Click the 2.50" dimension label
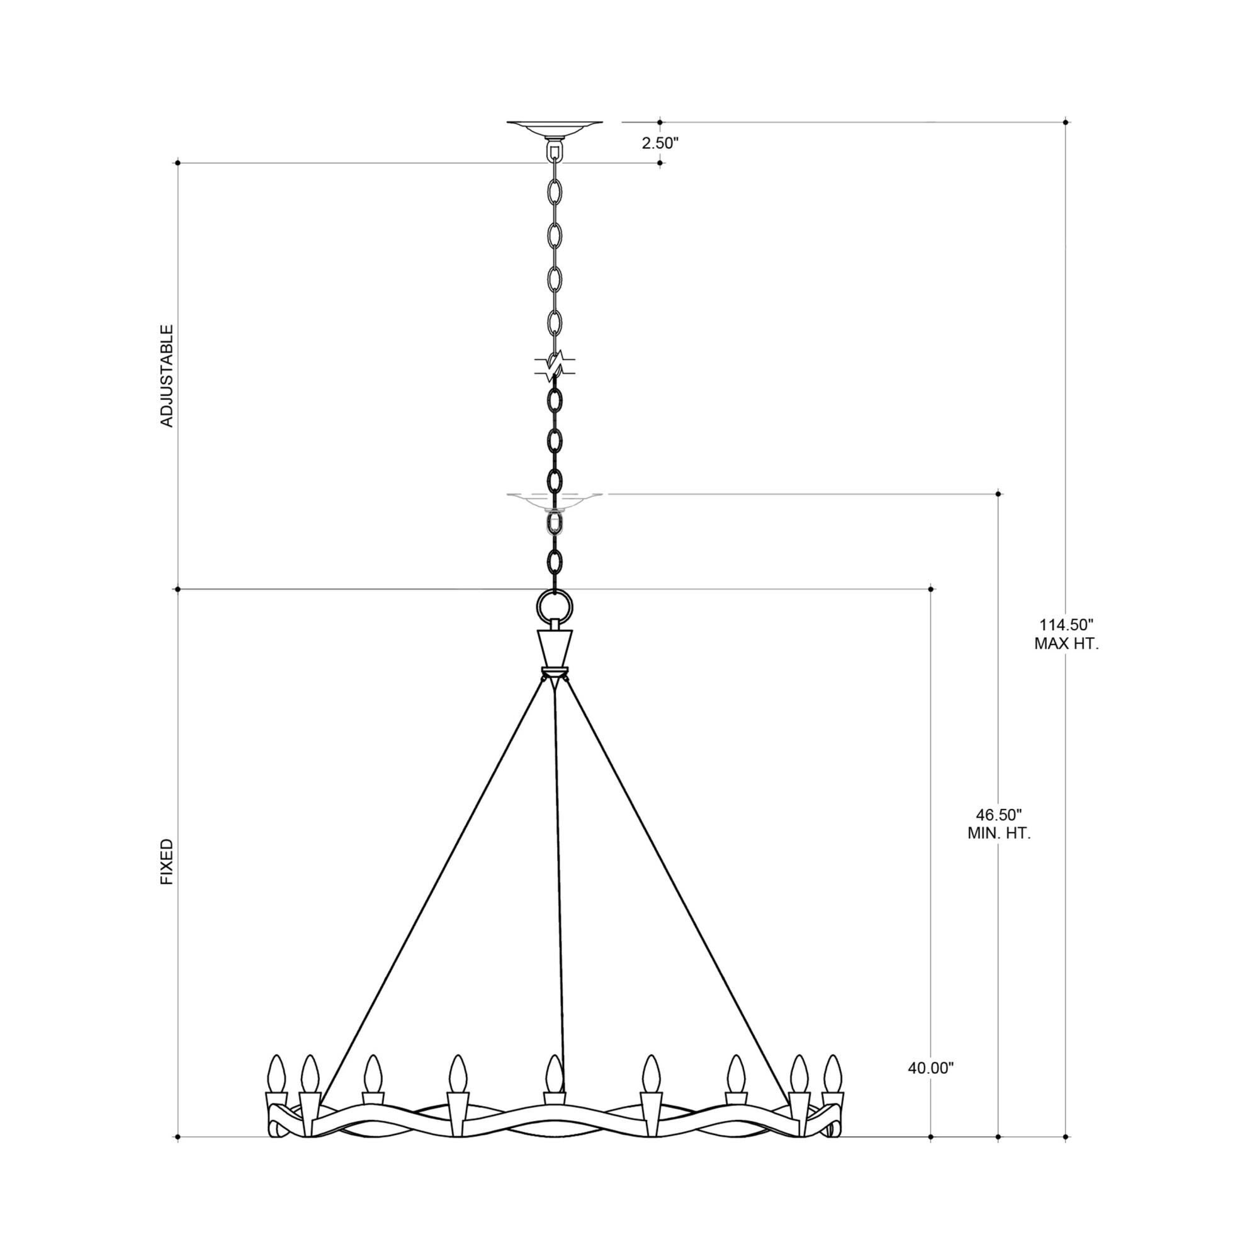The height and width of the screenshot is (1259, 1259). coord(660,144)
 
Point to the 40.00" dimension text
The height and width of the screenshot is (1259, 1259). coord(930,1068)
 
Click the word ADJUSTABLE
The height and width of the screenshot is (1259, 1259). coord(167,376)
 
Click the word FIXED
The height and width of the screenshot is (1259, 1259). coord(167,862)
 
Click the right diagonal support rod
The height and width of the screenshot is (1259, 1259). coord(674,893)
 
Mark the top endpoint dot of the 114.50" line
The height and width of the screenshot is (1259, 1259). coord(1066,122)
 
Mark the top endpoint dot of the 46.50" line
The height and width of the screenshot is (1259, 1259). coord(999,494)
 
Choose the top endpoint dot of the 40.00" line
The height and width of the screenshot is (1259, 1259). coord(930,589)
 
